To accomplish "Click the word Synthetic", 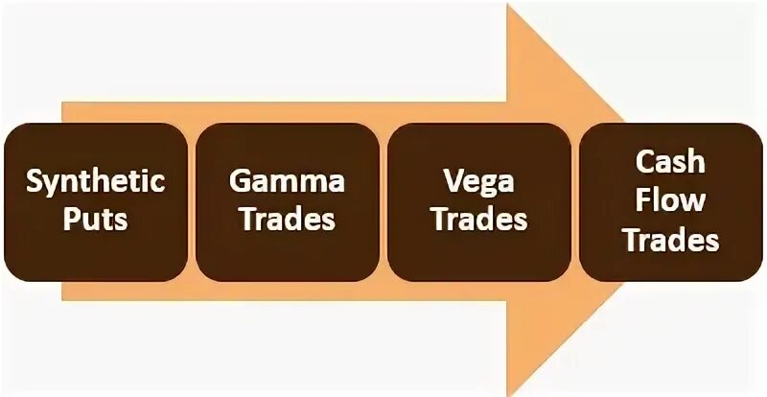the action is [x=96, y=181].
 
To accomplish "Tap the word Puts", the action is [x=96, y=220].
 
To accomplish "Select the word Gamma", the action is [x=287, y=181].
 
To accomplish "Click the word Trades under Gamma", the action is [x=287, y=219].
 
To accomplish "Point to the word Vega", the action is [x=478, y=181].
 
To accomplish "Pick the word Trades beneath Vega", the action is [x=478, y=219].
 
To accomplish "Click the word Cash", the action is [x=670, y=161].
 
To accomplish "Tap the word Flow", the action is [x=670, y=199].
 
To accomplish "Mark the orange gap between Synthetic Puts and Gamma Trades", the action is [x=192, y=201].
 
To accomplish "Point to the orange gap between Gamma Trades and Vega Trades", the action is [x=383, y=201].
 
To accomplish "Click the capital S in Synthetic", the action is [x=35, y=180].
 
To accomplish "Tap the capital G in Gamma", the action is [x=239, y=181].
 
